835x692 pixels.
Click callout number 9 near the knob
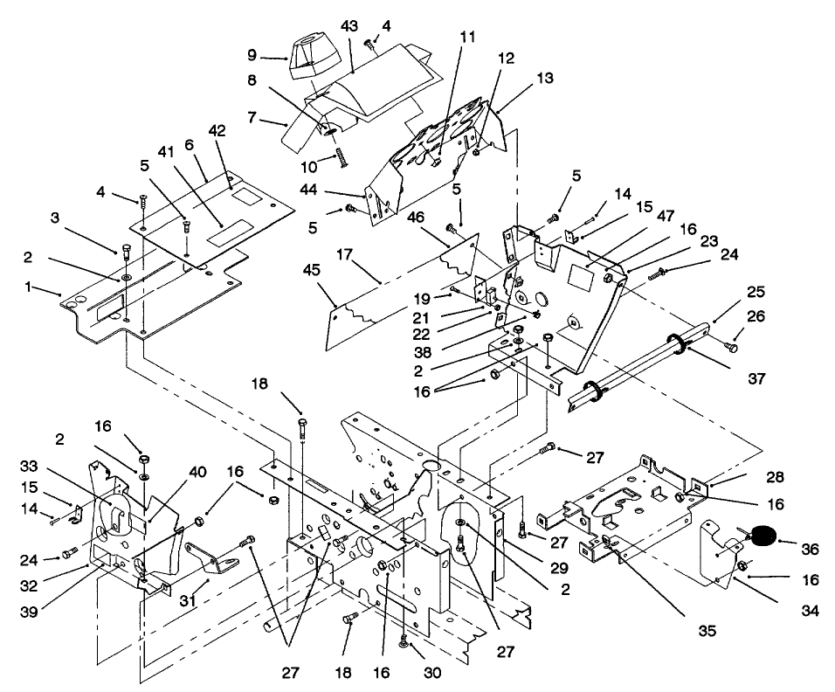point(252,54)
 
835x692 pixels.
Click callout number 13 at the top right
point(545,80)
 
